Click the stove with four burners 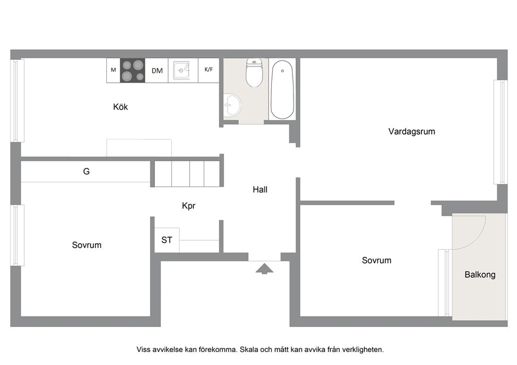tap(132, 70)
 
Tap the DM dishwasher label tap(157, 70)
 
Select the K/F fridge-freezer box tap(208, 70)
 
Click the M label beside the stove tap(114, 70)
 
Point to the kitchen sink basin tap(181, 70)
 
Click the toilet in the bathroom tap(254, 72)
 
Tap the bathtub tap(282, 89)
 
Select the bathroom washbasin tap(232, 105)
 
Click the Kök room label tap(120, 107)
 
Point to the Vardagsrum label tap(412, 131)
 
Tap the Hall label tap(260, 190)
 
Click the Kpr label tap(189, 206)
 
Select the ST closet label tap(167, 240)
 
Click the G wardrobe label tap(87, 171)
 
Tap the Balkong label tap(480, 275)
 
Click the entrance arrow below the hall tap(264, 269)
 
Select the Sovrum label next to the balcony tap(376, 260)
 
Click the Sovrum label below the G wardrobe tap(87, 245)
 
